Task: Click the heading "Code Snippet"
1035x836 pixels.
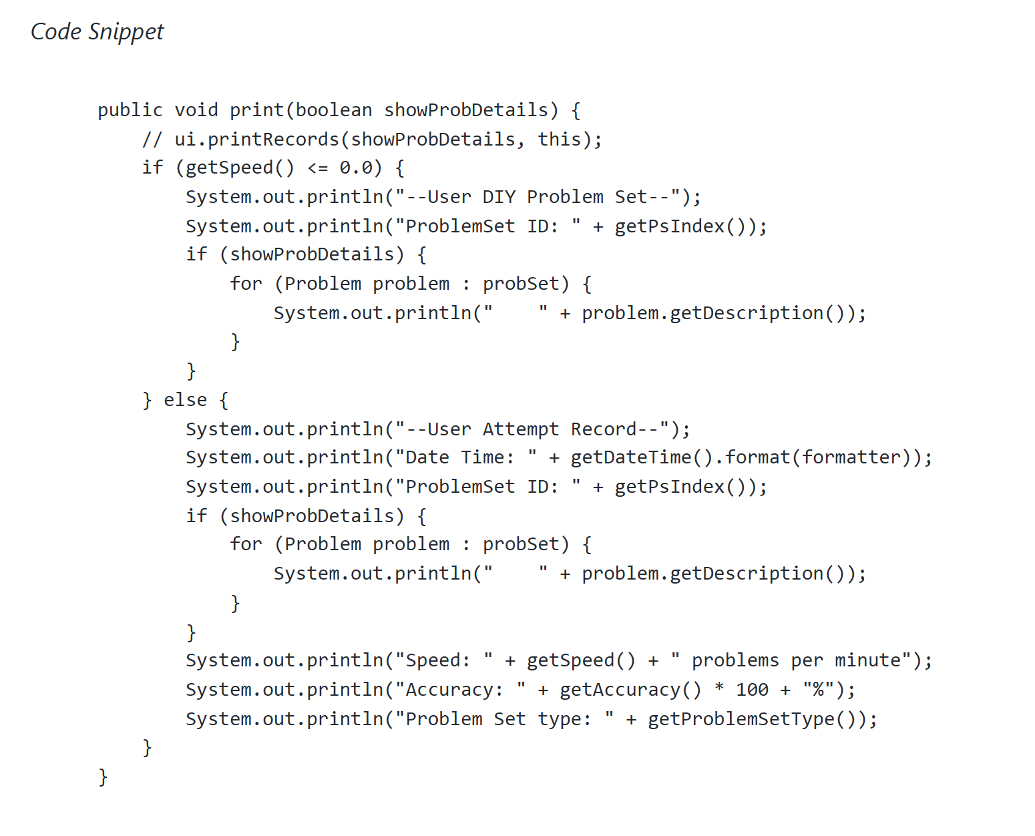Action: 97,32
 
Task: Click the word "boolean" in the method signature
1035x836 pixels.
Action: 334,110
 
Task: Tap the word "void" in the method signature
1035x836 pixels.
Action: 196,110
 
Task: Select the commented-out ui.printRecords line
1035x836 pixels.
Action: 372,140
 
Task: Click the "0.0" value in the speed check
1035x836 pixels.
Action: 355,168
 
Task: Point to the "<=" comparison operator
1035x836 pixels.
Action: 317,168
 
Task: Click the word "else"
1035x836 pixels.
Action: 185,400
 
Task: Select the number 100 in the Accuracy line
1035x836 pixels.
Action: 752,690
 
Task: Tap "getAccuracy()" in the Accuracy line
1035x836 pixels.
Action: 630,690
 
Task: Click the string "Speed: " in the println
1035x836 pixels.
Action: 444,660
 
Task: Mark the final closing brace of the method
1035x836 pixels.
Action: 103,777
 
